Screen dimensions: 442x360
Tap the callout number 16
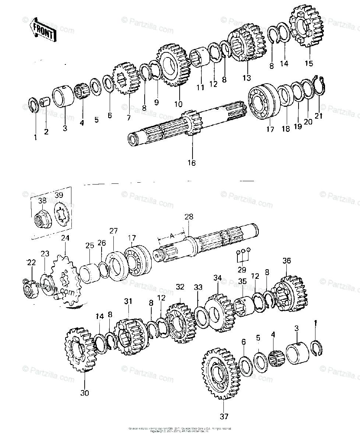[x=191, y=163]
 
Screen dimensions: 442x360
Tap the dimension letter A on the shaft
[x=172, y=236]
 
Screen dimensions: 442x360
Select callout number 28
[x=188, y=217]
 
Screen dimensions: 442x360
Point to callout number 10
[x=178, y=104]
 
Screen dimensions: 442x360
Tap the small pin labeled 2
[x=45, y=101]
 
